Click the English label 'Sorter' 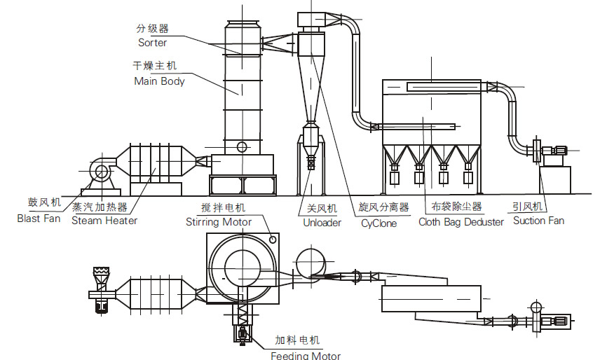(x=152, y=43)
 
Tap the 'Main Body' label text (x=159, y=81)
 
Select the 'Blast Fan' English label (x=39, y=219)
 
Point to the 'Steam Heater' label (x=104, y=220)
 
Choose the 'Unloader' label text (x=322, y=223)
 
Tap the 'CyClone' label (x=378, y=223)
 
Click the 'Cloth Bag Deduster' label (x=461, y=222)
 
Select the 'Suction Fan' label (x=538, y=221)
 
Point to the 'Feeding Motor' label (x=306, y=355)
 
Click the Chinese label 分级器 (x=152, y=29)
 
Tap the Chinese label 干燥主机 (x=155, y=67)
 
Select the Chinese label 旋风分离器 (x=383, y=208)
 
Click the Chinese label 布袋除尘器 (x=456, y=207)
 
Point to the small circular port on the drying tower (x=242, y=147)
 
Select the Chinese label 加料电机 (x=296, y=340)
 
